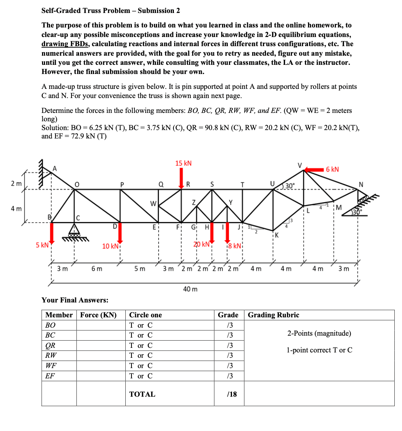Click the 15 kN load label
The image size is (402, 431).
coord(183,163)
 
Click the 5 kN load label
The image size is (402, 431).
coord(42,245)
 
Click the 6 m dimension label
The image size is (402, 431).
coord(97,269)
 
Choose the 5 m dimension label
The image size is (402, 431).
coord(139,269)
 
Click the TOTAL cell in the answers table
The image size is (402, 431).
coord(142,394)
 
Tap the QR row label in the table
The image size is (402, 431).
coord(50,346)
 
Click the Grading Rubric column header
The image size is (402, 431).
coord(274,315)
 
